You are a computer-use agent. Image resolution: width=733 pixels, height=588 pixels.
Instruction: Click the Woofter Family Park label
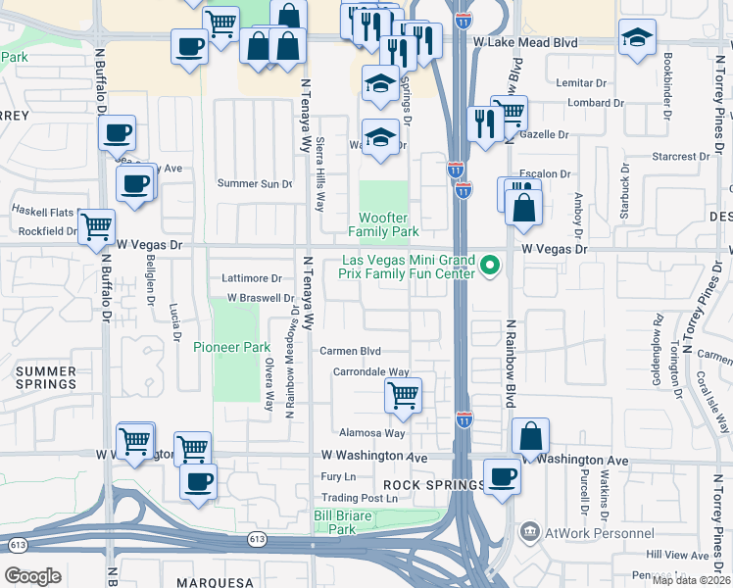tap(383, 224)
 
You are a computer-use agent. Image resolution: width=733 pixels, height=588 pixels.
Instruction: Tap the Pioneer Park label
tap(231, 347)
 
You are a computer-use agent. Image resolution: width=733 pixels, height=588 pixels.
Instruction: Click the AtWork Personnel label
tap(601, 533)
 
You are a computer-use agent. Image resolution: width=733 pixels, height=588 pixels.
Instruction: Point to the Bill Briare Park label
tap(340, 521)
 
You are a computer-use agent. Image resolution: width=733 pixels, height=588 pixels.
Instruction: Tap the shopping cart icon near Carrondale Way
tap(403, 396)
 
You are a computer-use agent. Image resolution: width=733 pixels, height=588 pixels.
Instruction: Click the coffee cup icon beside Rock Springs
tap(503, 477)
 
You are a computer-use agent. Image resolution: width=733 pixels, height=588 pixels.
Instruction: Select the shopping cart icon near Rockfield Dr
tap(96, 227)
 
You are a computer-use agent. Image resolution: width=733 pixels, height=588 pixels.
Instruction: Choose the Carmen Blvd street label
tap(350, 351)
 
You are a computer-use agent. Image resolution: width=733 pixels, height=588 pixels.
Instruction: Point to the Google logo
tap(32, 575)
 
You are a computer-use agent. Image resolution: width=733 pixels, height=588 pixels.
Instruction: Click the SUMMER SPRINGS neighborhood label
tap(46, 377)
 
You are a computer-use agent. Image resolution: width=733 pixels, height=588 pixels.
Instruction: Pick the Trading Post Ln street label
tap(365, 498)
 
